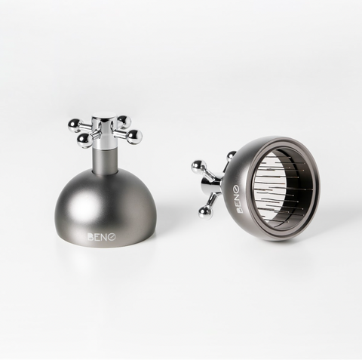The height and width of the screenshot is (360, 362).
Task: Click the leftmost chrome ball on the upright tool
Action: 75,125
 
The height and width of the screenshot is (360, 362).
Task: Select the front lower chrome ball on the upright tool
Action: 84,140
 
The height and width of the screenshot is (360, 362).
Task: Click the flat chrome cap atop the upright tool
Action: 104,119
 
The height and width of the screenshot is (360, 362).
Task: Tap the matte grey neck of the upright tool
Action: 106,160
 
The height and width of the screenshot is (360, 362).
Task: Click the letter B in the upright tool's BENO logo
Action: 90,237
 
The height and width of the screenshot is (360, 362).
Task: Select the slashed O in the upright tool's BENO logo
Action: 112,237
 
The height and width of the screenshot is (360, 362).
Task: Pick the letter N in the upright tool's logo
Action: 105,237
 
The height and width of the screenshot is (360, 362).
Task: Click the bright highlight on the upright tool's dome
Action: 80,207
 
